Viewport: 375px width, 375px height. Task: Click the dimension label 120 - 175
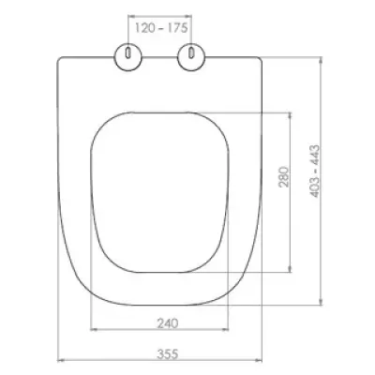click(161, 28)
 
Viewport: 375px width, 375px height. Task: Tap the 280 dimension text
click(284, 177)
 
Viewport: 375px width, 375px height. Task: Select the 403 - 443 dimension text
click(315, 172)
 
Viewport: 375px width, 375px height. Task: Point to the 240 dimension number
click(168, 323)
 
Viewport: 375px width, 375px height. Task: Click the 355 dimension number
click(168, 354)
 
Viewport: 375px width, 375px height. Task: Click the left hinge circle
click(128, 57)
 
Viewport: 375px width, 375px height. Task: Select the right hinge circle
click(191, 57)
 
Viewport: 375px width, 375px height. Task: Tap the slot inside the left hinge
click(128, 52)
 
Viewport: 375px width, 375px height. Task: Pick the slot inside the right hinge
click(191, 52)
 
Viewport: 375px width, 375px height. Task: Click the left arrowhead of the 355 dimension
click(61, 360)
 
